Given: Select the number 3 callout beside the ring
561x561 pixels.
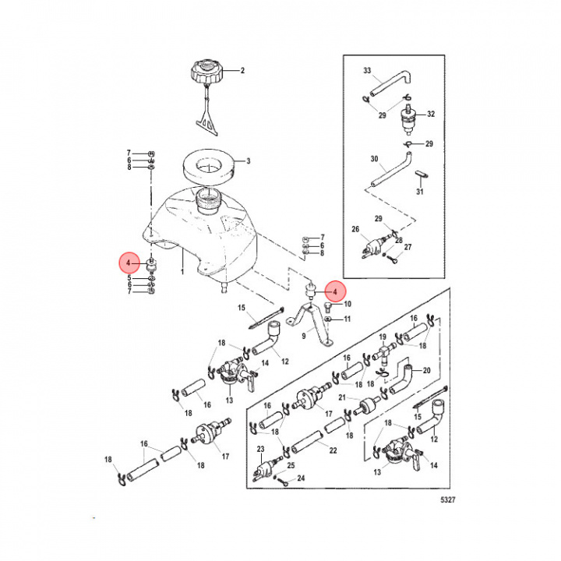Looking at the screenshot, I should (248, 161).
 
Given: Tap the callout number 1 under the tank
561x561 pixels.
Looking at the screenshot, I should (182, 274).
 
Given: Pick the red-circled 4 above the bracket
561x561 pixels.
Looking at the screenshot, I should (334, 292).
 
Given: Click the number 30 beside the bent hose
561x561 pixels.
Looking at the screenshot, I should (374, 158).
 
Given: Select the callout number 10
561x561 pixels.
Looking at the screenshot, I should (348, 304).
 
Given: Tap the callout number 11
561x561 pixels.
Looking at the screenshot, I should (348, 319).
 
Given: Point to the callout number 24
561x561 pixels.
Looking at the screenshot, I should (301, 478).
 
